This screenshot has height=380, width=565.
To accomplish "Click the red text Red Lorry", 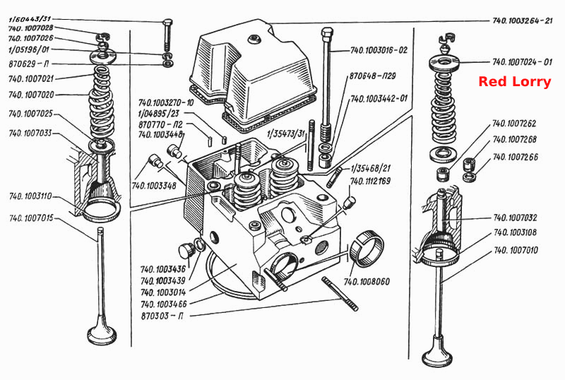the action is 515,82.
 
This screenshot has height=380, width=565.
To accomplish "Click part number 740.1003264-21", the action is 522,20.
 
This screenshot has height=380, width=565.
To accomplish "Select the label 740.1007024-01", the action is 522,62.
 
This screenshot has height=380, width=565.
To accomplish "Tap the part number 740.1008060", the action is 367,281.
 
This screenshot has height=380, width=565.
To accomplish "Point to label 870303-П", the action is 162,316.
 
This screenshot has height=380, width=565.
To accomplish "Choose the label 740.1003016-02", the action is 379,50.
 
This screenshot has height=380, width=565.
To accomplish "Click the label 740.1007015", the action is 31,218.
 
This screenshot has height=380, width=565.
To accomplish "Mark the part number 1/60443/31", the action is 30,19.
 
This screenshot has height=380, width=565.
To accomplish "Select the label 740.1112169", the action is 370,181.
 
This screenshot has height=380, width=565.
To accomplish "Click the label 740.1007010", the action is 516,250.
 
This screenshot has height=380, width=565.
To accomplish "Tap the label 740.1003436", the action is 163,269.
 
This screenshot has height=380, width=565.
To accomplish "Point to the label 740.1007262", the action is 514,124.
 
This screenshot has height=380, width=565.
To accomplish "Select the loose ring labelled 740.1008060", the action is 367,249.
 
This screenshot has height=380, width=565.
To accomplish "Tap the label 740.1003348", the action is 154,186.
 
